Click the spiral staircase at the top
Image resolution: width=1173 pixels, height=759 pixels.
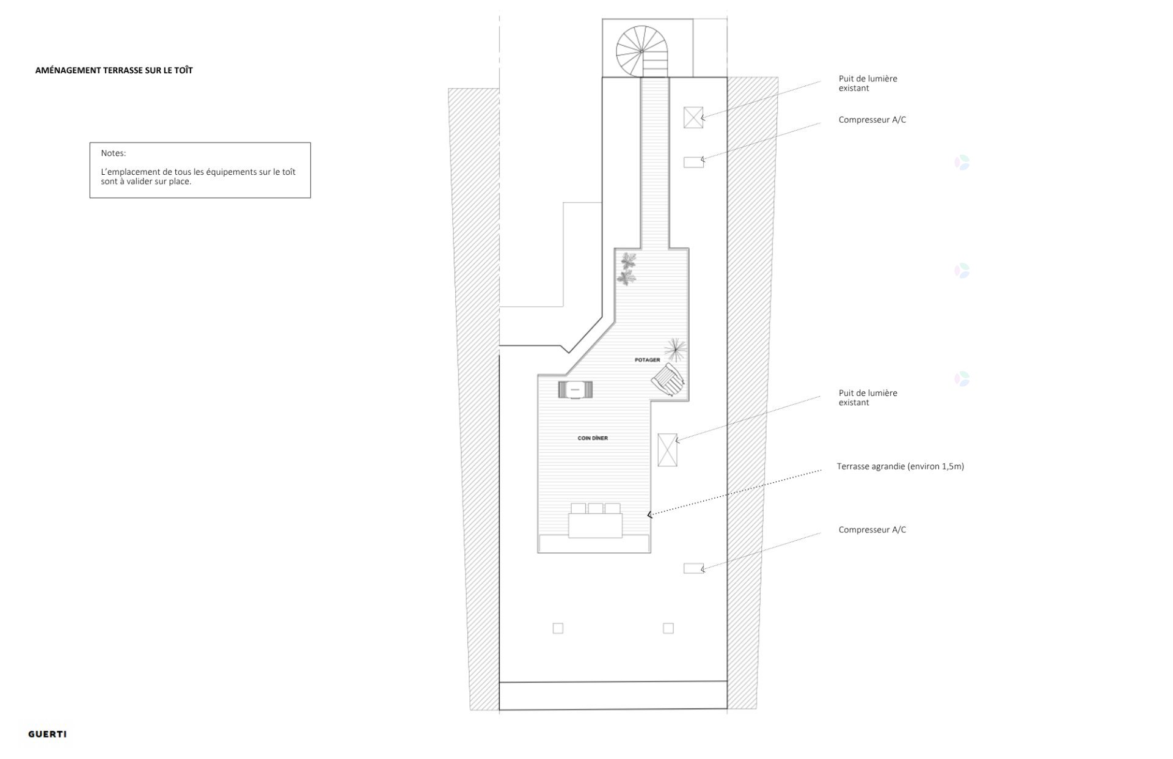point(641,51)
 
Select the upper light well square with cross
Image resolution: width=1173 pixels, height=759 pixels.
point(693,117)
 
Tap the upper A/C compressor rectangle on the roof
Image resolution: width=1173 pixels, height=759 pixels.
point(693,162)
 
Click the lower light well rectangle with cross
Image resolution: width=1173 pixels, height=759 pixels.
point(667,450)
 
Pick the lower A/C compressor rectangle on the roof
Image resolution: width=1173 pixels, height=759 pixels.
point(693,568)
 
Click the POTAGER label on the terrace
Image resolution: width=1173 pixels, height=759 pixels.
point(648,360)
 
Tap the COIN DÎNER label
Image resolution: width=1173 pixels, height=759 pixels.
point(593,438)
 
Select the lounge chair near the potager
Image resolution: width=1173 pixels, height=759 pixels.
point(668,380)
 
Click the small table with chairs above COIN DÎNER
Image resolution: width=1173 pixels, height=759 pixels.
point(575,389)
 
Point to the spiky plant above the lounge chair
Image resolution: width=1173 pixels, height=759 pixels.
point(676,350)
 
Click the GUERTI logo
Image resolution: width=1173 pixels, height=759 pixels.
point(48,734)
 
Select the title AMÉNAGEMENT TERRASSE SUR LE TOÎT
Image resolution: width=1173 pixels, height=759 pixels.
point(114,70)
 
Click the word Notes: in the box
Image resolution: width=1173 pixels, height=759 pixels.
point(114,153)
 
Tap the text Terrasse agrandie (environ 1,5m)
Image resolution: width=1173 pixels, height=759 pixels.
point(901,466)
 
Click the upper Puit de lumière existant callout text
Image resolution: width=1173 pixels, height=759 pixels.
point(868,83)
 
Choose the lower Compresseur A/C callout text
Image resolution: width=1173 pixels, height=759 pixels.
point(872,530)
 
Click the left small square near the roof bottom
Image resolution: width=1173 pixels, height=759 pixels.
point(558,628)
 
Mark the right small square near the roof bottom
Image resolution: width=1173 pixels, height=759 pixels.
point(668,628)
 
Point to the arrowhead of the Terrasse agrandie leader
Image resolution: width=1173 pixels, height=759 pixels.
point(649,515)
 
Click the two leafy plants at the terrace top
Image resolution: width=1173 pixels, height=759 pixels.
point(627,269)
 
